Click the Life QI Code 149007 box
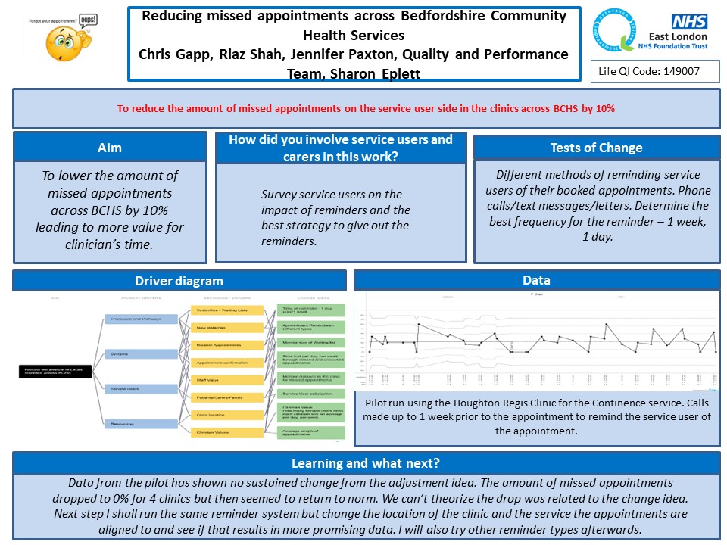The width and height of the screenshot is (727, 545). pos(655,70)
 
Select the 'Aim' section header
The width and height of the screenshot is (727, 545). pos(110,148)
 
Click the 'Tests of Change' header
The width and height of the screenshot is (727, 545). pos(596,148)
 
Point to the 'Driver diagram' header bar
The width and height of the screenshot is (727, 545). pos(179,281)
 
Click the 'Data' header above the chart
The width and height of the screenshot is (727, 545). pos(537,280)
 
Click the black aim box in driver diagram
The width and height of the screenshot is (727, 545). pos(55,371)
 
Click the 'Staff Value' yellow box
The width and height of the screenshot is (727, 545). pos(226,380)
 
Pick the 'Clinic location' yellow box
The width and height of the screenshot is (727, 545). pos(226,415)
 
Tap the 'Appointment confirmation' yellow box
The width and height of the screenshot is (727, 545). pos(226,363)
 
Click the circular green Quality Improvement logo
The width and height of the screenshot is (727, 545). pos(615,32)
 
